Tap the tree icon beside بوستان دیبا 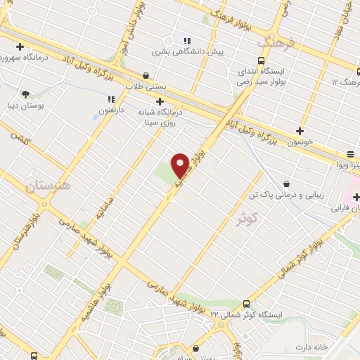coord(26,93)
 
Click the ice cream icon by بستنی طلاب coord(146,74)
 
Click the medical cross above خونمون coord(300,131)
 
